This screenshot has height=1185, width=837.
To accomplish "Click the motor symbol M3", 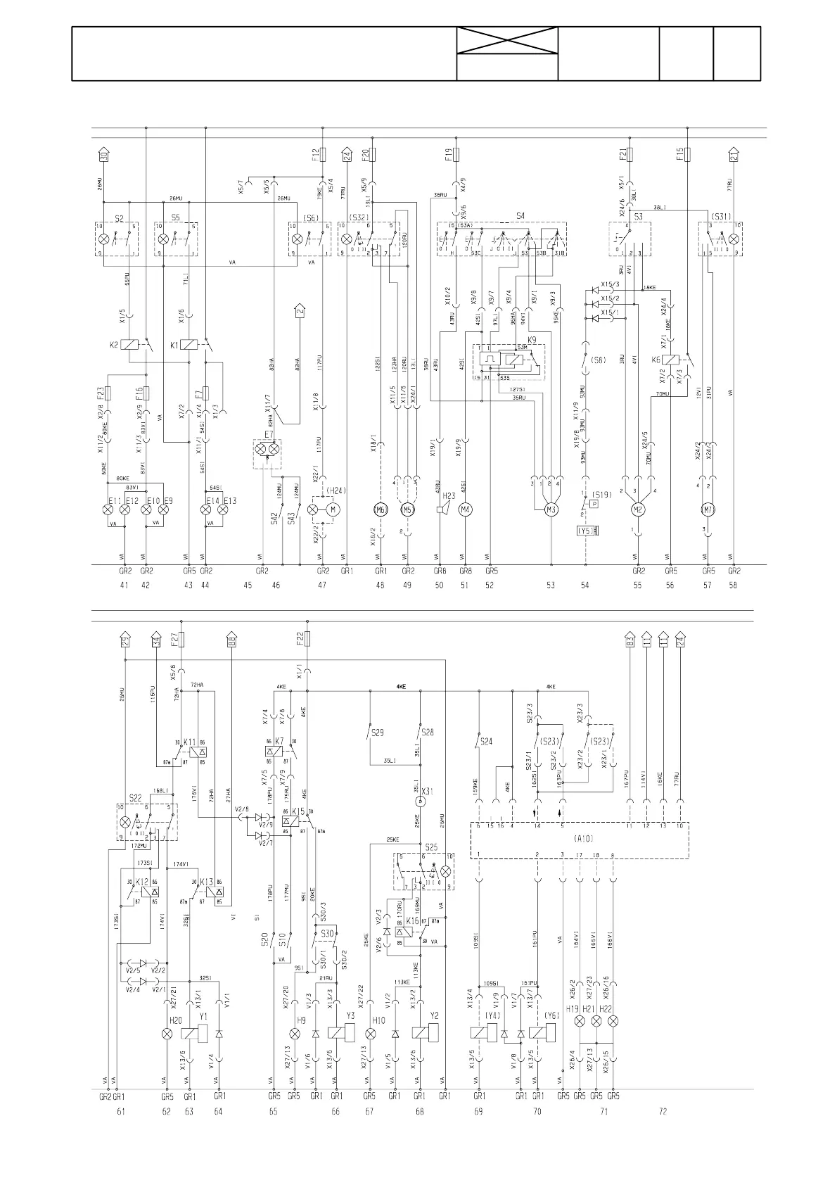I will coord(552,509).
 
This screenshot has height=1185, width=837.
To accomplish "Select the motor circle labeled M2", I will coord(638,509).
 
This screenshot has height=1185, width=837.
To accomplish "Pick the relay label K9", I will coord(532,340).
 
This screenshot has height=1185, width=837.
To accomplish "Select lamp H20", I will coord(167,1033).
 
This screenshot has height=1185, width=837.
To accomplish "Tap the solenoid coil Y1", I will coord(195,1033).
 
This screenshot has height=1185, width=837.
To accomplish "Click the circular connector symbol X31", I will coord(420,801).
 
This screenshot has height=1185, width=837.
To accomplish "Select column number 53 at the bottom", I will coord(551,585).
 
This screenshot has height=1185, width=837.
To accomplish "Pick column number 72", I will coord(662,1111).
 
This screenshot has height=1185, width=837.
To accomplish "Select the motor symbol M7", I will coord(708,509).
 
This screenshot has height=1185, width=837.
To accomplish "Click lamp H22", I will coord(613,1020).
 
